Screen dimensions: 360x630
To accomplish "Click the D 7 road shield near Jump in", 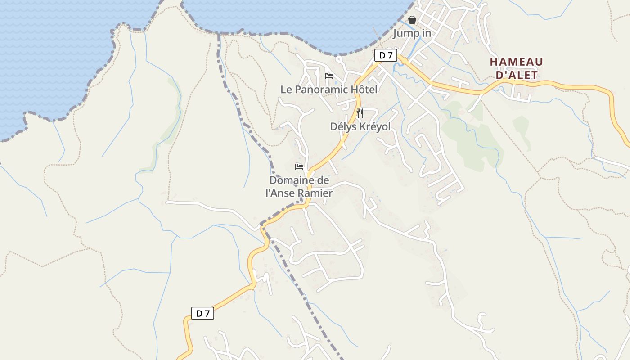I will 386,55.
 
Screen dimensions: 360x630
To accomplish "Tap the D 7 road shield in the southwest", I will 202,314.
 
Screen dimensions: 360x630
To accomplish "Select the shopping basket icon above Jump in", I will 412,20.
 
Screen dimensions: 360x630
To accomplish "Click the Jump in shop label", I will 412,33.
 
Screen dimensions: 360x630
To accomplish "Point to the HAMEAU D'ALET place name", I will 517,68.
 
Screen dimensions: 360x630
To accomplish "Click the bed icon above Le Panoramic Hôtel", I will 329,76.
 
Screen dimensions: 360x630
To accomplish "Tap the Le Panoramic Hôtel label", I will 329,90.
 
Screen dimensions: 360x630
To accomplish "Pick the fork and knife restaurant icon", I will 360,113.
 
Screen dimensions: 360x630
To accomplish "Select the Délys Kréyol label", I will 360,127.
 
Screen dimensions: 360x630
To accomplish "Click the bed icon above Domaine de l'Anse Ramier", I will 299,167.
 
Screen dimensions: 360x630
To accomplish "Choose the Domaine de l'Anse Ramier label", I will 299,187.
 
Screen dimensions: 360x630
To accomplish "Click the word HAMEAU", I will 517,62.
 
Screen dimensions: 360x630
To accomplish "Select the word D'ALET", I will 517,75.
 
